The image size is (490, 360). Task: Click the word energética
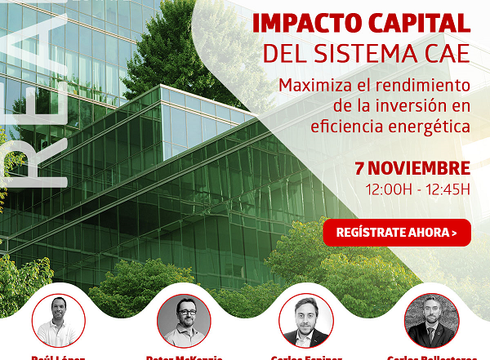pos(431,127)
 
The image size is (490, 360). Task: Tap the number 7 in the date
pos(359,169)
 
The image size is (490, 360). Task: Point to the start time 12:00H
pos(388,190)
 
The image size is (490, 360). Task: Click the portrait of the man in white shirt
pos(58,320)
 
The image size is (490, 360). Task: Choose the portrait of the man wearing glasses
pos(184,320)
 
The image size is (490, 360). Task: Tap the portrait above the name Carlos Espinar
pos(306,320)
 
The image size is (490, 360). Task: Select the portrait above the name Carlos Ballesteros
pos(431,320)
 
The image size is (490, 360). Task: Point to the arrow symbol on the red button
pos(454,233)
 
